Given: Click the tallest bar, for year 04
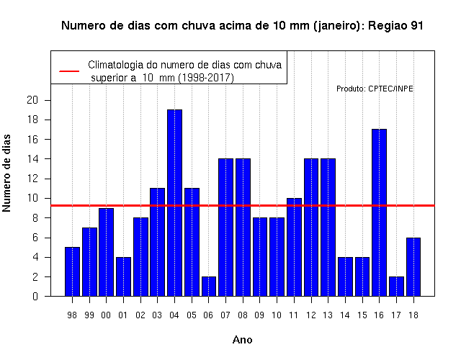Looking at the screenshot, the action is click(x=174, y=203).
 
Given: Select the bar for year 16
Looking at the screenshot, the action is click(x=379, y=212).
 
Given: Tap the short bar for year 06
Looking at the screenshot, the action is click(x=209, y=287).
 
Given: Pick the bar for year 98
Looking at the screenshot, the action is click(x=72, y=271).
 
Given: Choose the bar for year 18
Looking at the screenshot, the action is click(x=413, y=267).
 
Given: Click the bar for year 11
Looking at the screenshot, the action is click(x=294, y=247).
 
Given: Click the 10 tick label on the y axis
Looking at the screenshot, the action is click(x=32, y=198).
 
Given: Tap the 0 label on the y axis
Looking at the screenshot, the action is click(x=35, y=296).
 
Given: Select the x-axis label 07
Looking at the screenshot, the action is click(x=225, y=315).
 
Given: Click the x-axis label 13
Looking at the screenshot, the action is click(x=328, y=315).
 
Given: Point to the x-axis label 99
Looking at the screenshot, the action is click(x=89, y=315).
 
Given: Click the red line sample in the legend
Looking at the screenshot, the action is click(x=69, y=71).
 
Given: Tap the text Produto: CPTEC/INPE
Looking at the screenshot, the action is click(x=375, y=89).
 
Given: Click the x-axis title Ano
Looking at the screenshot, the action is click(x=242, y=340).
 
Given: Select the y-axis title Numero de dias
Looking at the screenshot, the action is click(x=6, y=174).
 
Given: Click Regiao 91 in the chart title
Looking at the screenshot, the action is click(x=395, y=26).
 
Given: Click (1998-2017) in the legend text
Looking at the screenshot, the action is click(x=206, y=78).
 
